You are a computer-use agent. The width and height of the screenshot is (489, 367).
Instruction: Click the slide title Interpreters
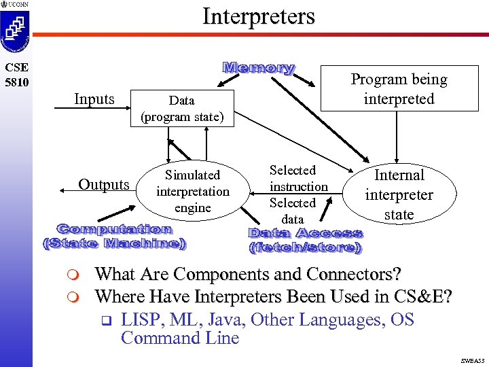(x=259, y=16)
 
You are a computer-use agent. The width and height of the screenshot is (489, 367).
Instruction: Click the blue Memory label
(x=259, y=68)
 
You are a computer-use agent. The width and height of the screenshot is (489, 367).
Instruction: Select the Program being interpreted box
(x=399, y=88)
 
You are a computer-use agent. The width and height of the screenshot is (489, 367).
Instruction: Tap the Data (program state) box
(x=181, y=109)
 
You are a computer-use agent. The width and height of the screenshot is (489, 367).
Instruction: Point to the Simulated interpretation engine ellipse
(x=192, y=191)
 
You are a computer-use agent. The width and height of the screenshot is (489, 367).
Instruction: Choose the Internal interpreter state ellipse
(x=399, y=194)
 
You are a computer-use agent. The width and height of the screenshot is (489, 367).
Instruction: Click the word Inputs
(x=94, y=99)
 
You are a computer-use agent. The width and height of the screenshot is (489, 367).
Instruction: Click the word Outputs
(x=104, y=185)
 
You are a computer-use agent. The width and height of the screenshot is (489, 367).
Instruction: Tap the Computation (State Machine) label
(x=115, y=237)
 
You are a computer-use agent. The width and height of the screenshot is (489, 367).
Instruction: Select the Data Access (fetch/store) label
(x=306, y=241)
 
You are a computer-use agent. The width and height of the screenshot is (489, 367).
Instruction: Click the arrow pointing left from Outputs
(x=67, y=192)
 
